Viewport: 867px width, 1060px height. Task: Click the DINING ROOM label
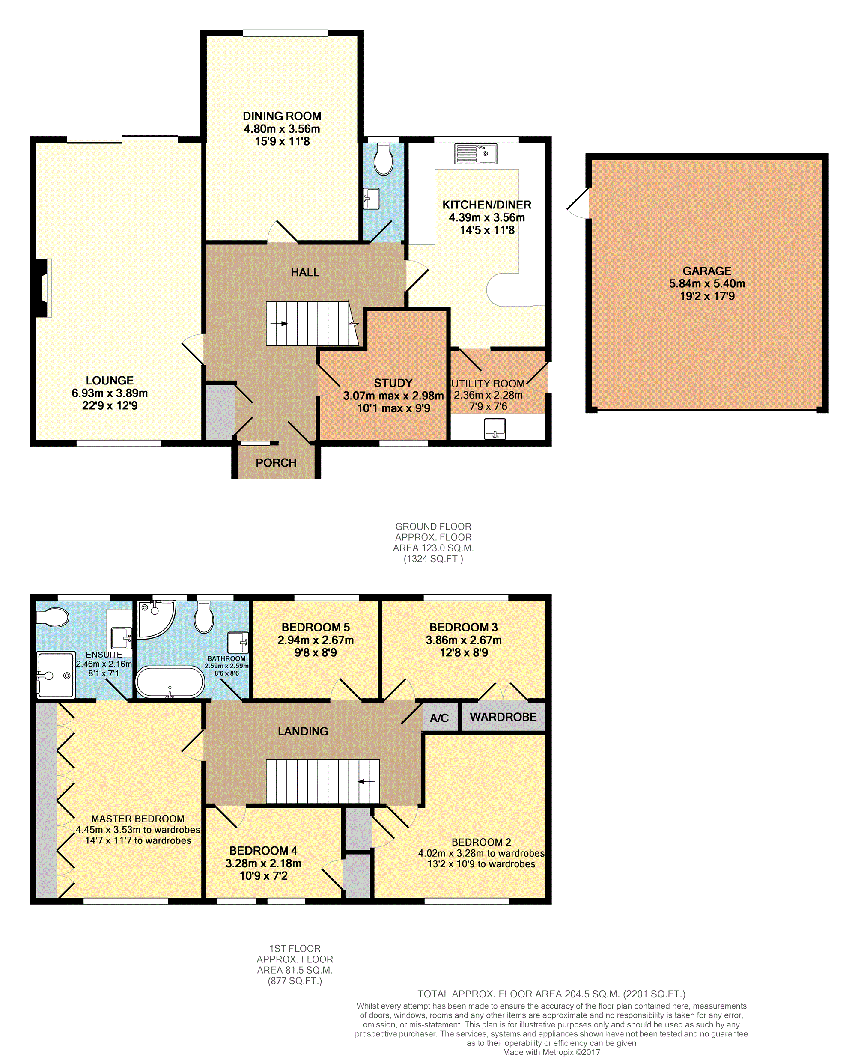tap(282, 116)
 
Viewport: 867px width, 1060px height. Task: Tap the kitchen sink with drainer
tap(475, 154)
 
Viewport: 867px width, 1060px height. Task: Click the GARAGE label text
tap(707, 271)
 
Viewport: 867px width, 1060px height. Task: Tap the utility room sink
tap(495, 429)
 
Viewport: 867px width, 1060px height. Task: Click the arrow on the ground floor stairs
tap(279, 324)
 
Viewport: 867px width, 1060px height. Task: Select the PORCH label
tap(276, 463)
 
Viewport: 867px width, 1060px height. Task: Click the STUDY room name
tap(393, 383)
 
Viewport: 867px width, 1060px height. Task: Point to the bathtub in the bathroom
tap(170, 682)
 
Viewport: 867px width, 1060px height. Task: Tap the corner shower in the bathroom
tap(156, 619)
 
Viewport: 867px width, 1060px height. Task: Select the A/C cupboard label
tap(439, 718)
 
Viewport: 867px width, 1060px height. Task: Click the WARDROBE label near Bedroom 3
tap(503, 717)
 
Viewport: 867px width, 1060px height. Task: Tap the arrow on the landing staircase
tap(366, 781)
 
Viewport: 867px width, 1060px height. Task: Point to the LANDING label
tap(303, 732)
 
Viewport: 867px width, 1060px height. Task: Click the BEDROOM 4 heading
tap(263, 850)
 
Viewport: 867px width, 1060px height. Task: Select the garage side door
tap(579, 203)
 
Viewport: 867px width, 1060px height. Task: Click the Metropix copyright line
tap(551, 1052)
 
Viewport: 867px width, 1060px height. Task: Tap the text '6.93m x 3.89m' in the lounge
tap(110, 393)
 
